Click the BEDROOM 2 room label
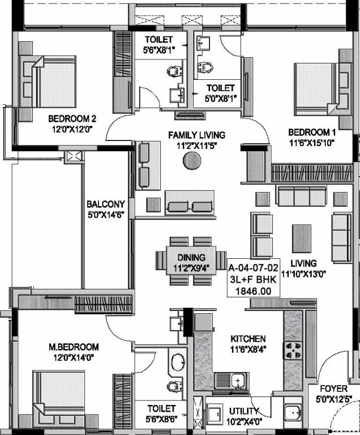pos(72,119)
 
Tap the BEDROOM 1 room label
pos(307,132)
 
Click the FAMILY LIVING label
pos(196,135)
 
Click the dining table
pos(191,261)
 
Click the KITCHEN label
pos(248,339)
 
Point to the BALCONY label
pos(106,204)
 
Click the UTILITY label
pos(245,411)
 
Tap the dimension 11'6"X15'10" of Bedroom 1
pos(307,143)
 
